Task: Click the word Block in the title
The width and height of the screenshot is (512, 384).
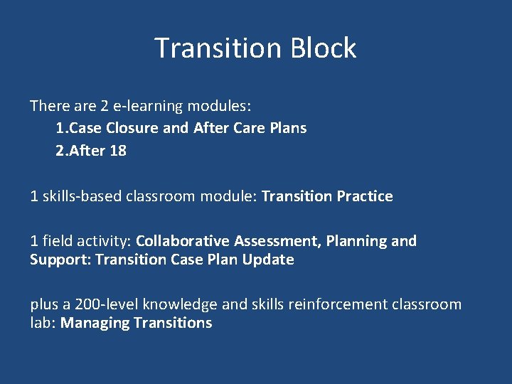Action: (x=323, y=48)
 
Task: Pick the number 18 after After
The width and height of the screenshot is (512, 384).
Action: (x=118, y=150)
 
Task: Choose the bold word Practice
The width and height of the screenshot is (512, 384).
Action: (x=363, y=196)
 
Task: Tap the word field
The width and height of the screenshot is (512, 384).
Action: (x=55, y=241)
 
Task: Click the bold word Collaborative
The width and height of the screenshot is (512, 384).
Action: (x=183, y=241)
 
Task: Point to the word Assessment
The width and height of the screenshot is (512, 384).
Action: (x=277, y=241)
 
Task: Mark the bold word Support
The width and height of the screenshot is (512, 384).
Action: (x=60, y=260)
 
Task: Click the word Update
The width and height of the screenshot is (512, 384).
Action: (x=267, y=260)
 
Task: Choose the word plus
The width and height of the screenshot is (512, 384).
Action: (x=44, y=305)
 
